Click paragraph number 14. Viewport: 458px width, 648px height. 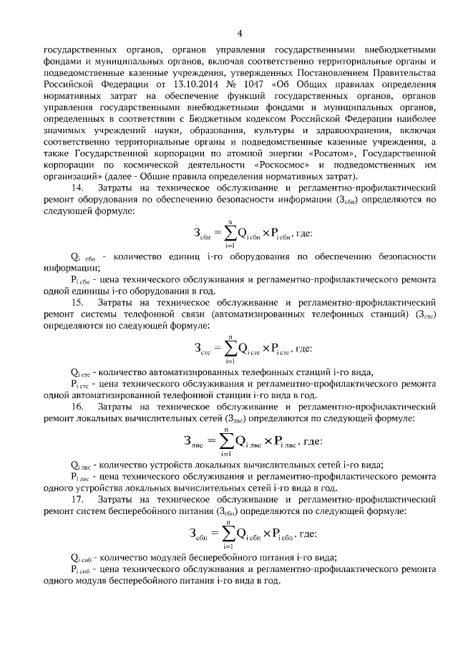tap(78, 187)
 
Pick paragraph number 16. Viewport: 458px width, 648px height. tap(78, 407)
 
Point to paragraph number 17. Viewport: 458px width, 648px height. tap(78, 499)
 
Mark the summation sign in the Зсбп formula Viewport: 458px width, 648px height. tap(228, 533)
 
